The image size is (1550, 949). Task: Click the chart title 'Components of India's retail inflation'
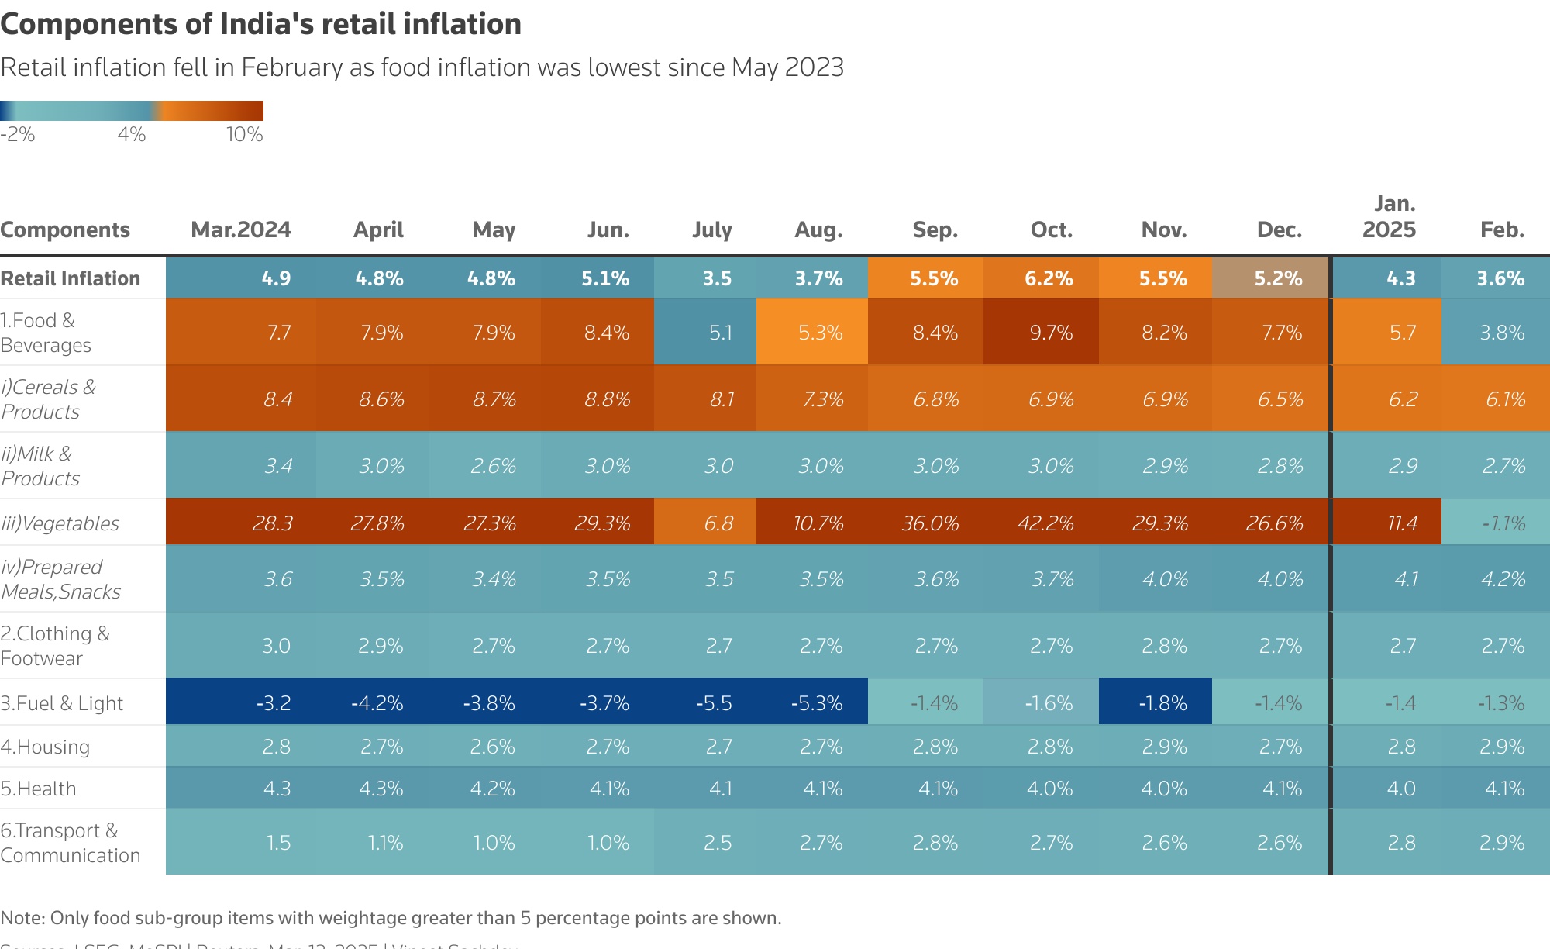(x=260, y=24)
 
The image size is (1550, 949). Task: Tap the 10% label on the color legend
(x=244, y=134)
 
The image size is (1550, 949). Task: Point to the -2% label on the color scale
(x=18, y=134)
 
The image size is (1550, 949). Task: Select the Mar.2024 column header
(x=241, y=229)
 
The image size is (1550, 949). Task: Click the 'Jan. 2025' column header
(x=1389, y=217)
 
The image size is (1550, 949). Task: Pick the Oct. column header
(x=1051, y=229)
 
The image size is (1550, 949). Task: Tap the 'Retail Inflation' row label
(x=71, y=278)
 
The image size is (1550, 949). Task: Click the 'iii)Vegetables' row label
(x=60, y=523)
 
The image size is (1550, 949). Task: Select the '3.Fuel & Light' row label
(x=62, y=703)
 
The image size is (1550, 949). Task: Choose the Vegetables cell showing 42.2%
(x=1045, y=523)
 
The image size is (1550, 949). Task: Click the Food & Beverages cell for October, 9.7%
(x=1050, y=333)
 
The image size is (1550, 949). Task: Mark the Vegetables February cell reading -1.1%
(x=1503, y=523)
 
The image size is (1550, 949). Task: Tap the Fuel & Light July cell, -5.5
(x=714, y=703)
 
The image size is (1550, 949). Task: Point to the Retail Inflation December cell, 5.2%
(x=1278, y=278)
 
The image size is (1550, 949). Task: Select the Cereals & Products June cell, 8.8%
(x=607, y=399)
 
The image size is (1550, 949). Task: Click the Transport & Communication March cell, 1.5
(x=277, y=843)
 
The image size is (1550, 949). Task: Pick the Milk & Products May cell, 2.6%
(x=493, y=466)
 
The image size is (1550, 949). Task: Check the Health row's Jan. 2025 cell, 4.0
(x=1400, y=789)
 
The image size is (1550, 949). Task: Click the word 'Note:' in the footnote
(x=23, y=918)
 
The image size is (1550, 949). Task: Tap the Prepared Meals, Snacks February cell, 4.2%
(x=1503, y=579)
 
